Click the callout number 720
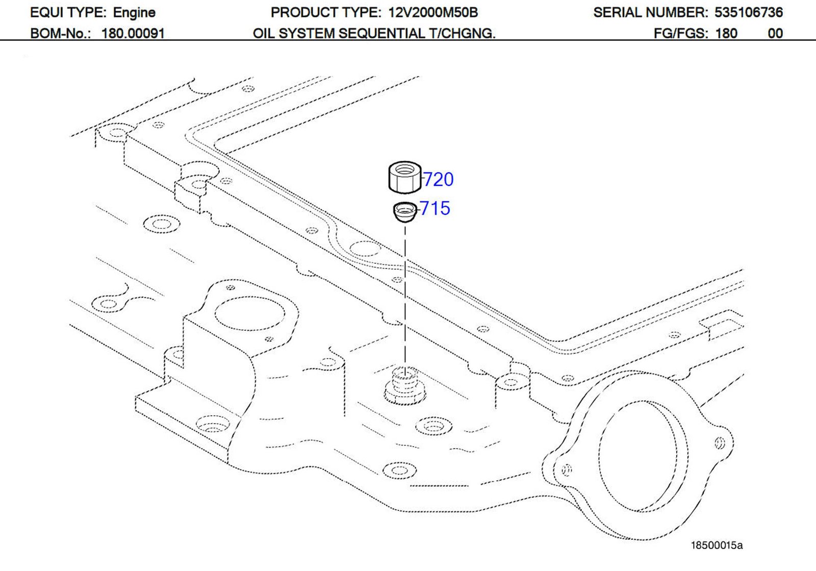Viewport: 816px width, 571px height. pyautogui.click(x=439, y=180)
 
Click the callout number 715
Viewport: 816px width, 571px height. pyautogui.click(x=435, y=208)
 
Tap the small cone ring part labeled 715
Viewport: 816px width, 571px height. pyautogui.click(x=405, y=212)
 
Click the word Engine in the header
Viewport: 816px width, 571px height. pyautogui.click(x=134, y=12)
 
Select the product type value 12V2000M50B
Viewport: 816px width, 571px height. pyautogui.click(x=432, y=12)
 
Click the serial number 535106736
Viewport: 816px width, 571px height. pyautogui.click(x=748, y=12)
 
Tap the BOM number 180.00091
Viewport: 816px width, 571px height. pyautogui.click(x=133, y=34)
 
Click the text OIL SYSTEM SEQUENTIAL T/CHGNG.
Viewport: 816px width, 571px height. pyautogui.click(x=374, y=34)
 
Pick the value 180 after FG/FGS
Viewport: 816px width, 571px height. pyautogui.click(x=726, y=34)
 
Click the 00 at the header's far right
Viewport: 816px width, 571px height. pyautogui.click(x=775, y=34)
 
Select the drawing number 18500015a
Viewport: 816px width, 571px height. pyautogui.click(x=717, y=545)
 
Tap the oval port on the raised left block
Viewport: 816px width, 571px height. pyautogui.click(x=250, y=314)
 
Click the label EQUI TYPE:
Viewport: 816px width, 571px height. pyautogui.click(x=68, y=12)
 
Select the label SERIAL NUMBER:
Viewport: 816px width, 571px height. pyautogui.click(x=650, y=12)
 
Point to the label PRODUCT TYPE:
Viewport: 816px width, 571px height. pyautogui.click(x=325, y=12)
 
